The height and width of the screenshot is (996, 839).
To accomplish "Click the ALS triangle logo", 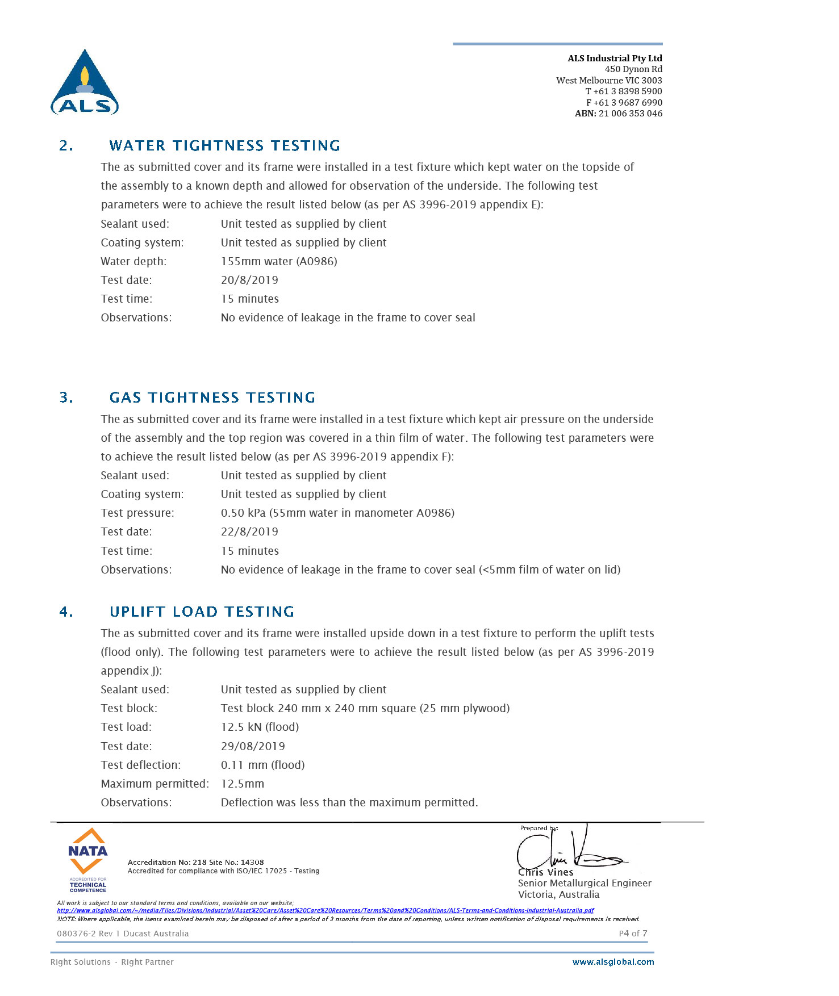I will tap(85, 82).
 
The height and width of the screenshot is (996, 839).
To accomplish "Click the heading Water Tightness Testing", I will tap(224, 146).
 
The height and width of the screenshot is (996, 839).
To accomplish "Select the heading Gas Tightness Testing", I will tap(212, 397).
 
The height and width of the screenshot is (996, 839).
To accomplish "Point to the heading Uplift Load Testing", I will tap(202, 612).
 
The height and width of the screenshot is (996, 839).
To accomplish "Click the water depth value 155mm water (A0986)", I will tap(278, 261).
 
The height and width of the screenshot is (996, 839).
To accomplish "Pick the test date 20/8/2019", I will tap(249, 280).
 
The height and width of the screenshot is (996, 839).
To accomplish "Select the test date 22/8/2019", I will tap(249, 532).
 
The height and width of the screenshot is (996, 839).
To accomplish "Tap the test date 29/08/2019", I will tap(253, 746).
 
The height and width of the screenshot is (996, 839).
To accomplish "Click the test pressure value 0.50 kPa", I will tap(243, 513).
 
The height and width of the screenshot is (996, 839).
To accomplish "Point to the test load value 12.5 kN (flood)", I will tap(260, 727).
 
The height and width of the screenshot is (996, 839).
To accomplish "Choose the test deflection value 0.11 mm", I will tap(244, 765).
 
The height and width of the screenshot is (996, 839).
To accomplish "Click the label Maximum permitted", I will tap(155, 784).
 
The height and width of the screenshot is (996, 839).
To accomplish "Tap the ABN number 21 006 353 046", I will tap(630, 114).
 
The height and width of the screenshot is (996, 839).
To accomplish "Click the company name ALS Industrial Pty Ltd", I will tap(615, 58).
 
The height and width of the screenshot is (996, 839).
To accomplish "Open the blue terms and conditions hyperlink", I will tap(325, 910).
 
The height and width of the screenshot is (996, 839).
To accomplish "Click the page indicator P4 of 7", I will tap(633, 934).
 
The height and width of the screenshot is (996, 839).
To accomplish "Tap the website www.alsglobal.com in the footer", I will tap(613, 962).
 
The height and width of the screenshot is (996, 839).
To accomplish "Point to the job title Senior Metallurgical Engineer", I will tap(585, 883).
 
